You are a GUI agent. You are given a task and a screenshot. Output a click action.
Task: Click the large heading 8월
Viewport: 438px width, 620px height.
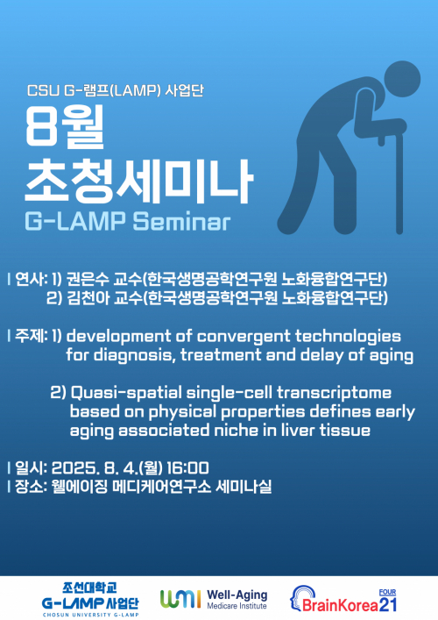click(66, 126)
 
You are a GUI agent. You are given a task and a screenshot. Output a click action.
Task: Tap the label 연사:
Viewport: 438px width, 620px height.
click(28, 279)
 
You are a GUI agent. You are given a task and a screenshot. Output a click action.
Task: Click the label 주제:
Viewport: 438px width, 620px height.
click(28, 336)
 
